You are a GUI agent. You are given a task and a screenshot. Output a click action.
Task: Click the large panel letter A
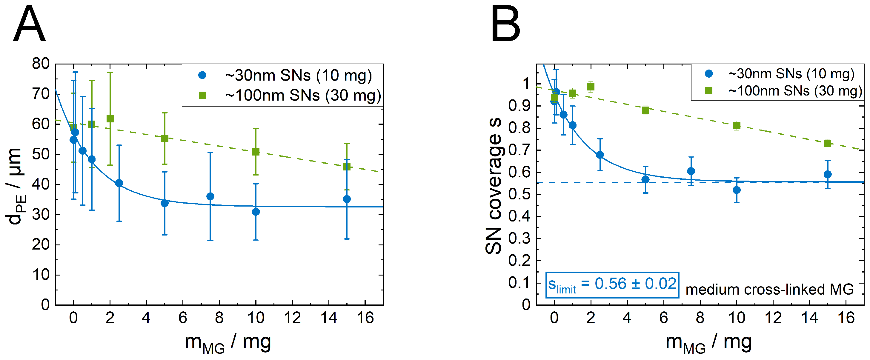click(x=29, y=24)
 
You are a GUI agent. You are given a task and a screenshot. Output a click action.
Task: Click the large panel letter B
click(x=505, y=24)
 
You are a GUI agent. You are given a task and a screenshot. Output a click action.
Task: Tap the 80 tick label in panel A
click(x=41, y=64)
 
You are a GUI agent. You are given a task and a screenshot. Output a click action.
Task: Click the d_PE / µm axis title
click(x=15, y=186)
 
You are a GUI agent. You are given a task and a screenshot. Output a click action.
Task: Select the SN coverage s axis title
click(x=494, y=186)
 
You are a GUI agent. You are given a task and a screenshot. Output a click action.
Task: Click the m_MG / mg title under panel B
click(x=708, y=342)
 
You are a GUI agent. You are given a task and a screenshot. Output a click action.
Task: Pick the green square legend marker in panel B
click(x=709, y=91)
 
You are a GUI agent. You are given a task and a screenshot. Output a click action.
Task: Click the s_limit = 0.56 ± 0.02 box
click(x=612, y=285)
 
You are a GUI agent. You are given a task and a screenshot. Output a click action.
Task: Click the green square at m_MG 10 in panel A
click(x=256, y=152)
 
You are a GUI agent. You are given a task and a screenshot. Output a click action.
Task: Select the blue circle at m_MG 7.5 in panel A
click(x=210, y=196)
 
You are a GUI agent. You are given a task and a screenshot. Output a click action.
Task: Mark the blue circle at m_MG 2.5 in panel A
click(x=119, y=183)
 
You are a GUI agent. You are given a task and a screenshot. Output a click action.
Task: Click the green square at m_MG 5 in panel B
click(x=645, y=110)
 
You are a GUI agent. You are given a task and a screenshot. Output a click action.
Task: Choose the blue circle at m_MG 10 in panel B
click(x=737, y=190)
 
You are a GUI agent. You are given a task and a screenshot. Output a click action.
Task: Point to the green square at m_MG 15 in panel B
click(x=827, y=143)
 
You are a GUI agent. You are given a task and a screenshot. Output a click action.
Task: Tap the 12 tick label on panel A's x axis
click(x=292, y=318)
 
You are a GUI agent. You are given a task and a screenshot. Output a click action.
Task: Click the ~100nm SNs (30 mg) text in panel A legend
click(x=303, y=96)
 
